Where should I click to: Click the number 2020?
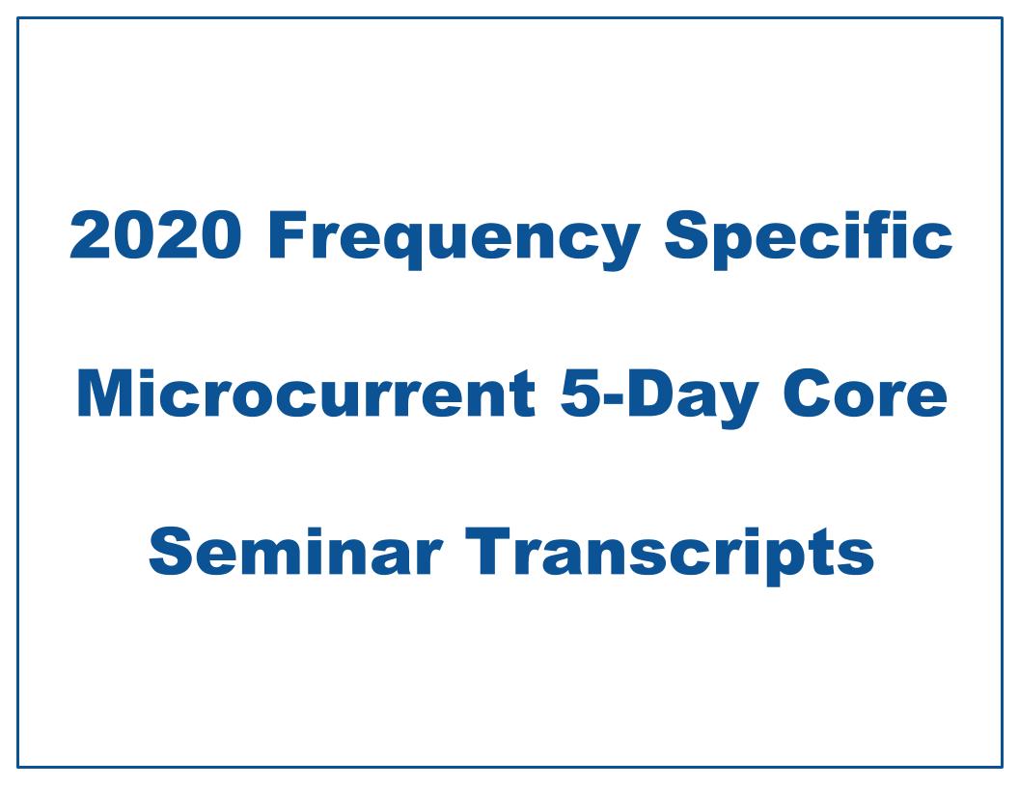pyautogui.click(x=155, y=237)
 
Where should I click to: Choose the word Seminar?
pyautogui.click(x=296, y=554)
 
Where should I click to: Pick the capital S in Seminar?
pyautogui.click(x=172, y=554)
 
